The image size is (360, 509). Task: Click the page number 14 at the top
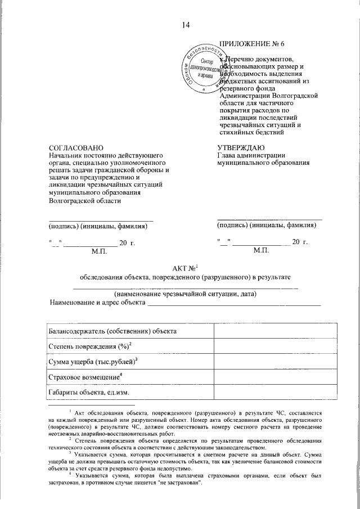[x=186, y=25]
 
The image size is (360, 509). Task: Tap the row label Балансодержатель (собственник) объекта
[x=113, y=331]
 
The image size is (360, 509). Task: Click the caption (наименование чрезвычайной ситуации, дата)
[x=186, y=294]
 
